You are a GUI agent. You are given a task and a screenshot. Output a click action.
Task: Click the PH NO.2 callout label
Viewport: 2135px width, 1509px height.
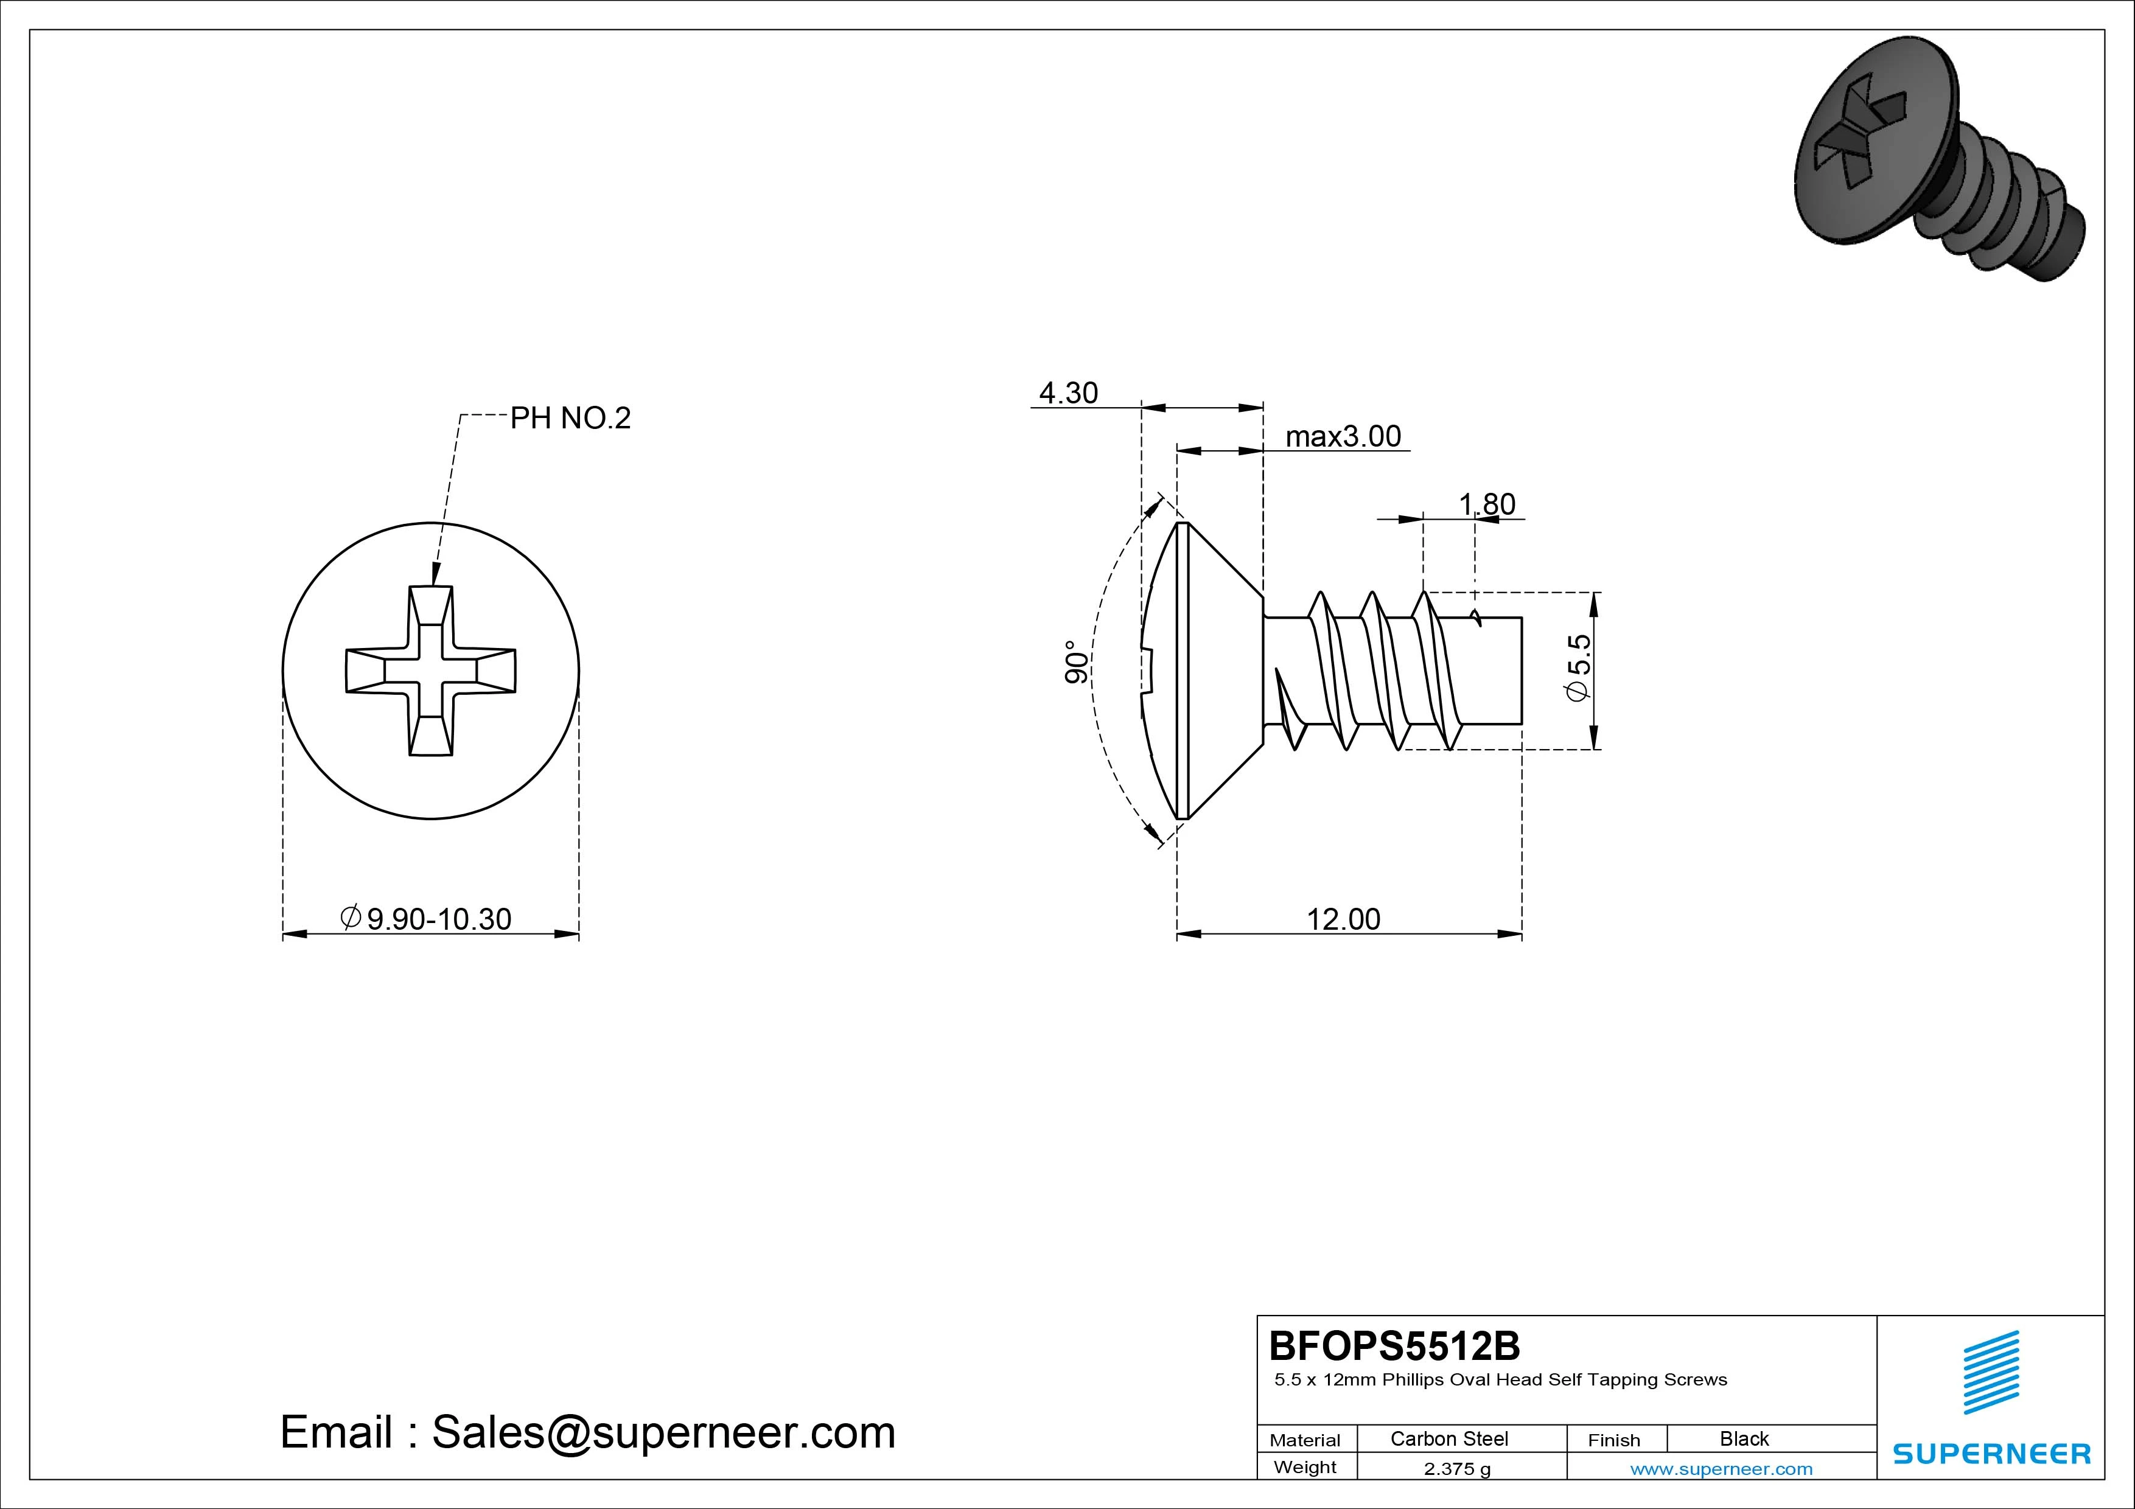tap(570, 419)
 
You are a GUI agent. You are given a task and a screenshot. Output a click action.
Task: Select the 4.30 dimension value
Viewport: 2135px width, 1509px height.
tap(1069, 393)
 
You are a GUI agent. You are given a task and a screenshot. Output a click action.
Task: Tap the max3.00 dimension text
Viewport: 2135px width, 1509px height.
tap(1343, 436)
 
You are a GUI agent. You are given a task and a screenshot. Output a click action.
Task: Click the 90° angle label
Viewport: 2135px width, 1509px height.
tap(1076, 662)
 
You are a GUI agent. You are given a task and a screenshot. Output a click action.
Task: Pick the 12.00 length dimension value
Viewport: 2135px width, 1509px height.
tap(1344, 919)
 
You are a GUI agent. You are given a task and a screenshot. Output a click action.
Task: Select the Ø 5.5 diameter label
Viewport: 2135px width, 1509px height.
tap(1579, 667)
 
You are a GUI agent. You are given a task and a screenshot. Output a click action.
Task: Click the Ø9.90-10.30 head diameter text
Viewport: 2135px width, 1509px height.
tap(426, 919)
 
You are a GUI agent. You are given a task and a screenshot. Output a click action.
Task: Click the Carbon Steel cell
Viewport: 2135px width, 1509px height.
tap(1448, 1438)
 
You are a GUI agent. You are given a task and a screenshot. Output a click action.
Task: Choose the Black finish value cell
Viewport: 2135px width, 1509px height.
tap(1744, 1438)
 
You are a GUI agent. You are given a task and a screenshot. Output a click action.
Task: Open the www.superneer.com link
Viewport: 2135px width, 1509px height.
tap(1721, 1469)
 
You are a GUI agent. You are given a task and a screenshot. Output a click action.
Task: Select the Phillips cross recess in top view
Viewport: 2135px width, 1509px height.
tap(430, 671)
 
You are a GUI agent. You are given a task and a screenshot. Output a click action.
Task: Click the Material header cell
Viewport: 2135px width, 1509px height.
tap(1305, 1439)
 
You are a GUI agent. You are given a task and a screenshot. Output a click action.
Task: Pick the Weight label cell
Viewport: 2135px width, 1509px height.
tap(1305, 1467)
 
